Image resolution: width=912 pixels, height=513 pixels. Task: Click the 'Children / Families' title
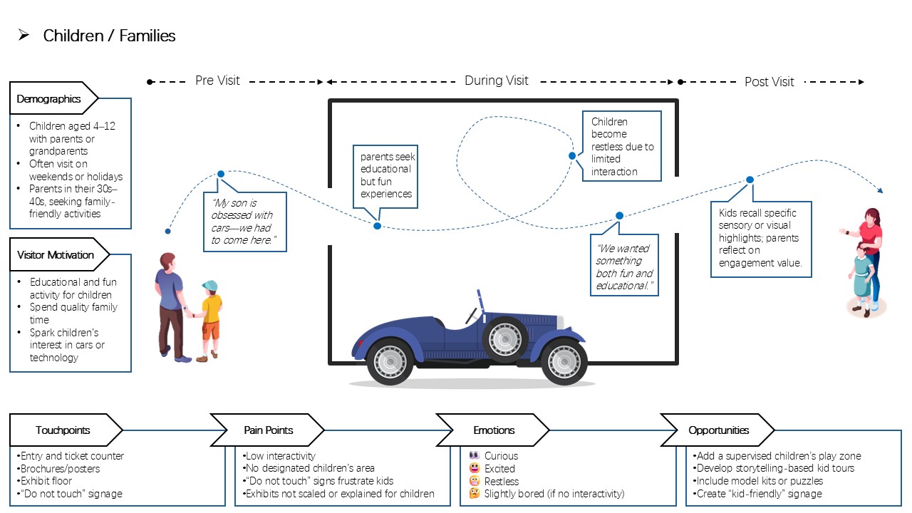(109, 36)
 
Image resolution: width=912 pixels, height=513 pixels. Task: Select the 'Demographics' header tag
(53, 98)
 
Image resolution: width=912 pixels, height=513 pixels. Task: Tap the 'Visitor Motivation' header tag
(59, 254)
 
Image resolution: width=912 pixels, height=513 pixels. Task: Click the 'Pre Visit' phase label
(217, 81)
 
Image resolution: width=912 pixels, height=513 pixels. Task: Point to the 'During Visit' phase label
(497, 81)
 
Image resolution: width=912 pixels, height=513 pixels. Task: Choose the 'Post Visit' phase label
(769, 82)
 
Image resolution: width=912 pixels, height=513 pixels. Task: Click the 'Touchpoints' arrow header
(65, 430)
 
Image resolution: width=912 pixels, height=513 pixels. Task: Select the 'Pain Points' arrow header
(268, 430)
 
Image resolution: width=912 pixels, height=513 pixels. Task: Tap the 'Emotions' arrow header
(494, 430)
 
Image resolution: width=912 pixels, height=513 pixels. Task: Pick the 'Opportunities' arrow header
(718, 430)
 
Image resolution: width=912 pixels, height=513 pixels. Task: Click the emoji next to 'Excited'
(475, 468)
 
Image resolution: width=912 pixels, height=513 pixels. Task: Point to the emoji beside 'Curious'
(475, 455)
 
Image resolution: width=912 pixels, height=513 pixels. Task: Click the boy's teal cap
(210, 285)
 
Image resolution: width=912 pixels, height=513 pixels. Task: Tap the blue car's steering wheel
(472, 316)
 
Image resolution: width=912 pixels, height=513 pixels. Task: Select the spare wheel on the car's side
(505, 338)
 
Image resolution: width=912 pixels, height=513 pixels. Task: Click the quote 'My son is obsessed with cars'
(244, 222)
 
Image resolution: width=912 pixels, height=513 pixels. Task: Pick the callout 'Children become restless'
(622, 146)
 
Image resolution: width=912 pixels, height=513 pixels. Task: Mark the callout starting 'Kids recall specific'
(761, 238)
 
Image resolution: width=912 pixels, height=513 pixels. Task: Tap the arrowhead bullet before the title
(24, 35)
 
